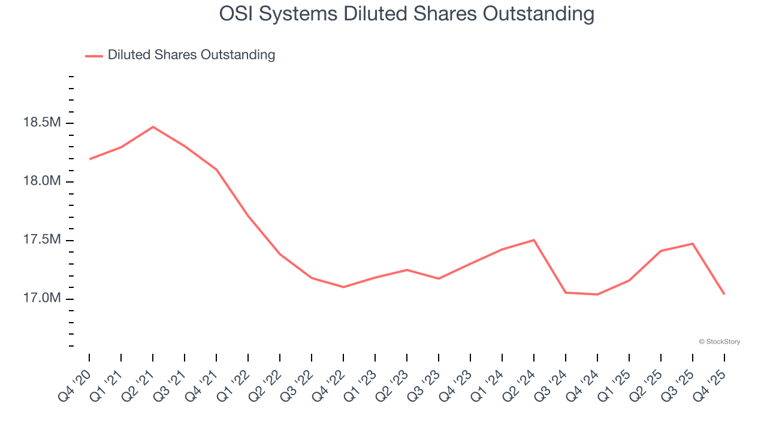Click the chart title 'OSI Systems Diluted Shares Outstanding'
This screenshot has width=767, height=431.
(x=407, y=13)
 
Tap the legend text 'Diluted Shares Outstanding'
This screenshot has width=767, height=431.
(x=191, y=55)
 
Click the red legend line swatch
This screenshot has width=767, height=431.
(x=94, y=56)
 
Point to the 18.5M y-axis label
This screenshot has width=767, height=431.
(x=41, y=123)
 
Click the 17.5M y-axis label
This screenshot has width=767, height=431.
(x=41, y=240)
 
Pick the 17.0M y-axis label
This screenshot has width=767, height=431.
(x=41, y=299)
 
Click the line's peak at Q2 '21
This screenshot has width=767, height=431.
(x=153, y=127)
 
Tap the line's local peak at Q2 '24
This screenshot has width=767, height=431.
(x=534, y=240)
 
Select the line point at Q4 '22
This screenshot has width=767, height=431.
(x=343, y=287)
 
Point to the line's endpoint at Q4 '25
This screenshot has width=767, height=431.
(x=724, y=294)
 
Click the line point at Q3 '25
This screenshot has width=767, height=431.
(x=693, y=244)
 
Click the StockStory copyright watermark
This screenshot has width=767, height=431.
(x=719, y=342)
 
